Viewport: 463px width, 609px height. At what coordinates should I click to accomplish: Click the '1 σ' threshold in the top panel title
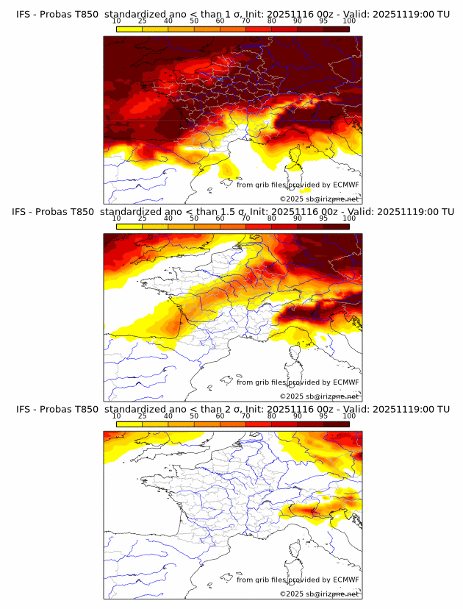(x=237, y=14)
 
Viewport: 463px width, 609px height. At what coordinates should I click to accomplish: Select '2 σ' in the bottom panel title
(x=237, y=409)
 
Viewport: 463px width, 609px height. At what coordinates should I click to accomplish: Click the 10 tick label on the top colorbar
(x=117, y=21)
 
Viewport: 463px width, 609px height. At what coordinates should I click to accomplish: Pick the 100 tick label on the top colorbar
(x=349, y=21)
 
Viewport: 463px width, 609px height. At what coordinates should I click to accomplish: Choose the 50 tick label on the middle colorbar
(x=194, y=218)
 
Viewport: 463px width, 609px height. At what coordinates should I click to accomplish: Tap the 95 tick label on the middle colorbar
(x=323, y=218)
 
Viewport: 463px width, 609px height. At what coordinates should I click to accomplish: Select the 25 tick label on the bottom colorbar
(x=143, y=416)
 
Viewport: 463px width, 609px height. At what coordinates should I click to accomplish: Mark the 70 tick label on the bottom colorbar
(x=245, y=416)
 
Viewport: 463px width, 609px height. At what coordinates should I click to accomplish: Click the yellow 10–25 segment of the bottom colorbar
(x=129, y=424)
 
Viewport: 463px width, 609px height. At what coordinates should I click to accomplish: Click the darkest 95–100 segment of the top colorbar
(x=336, y=29)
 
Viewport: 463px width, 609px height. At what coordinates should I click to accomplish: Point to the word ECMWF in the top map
(x=345, y=185)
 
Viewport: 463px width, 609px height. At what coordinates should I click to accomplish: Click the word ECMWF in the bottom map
(x=345, y=580)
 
